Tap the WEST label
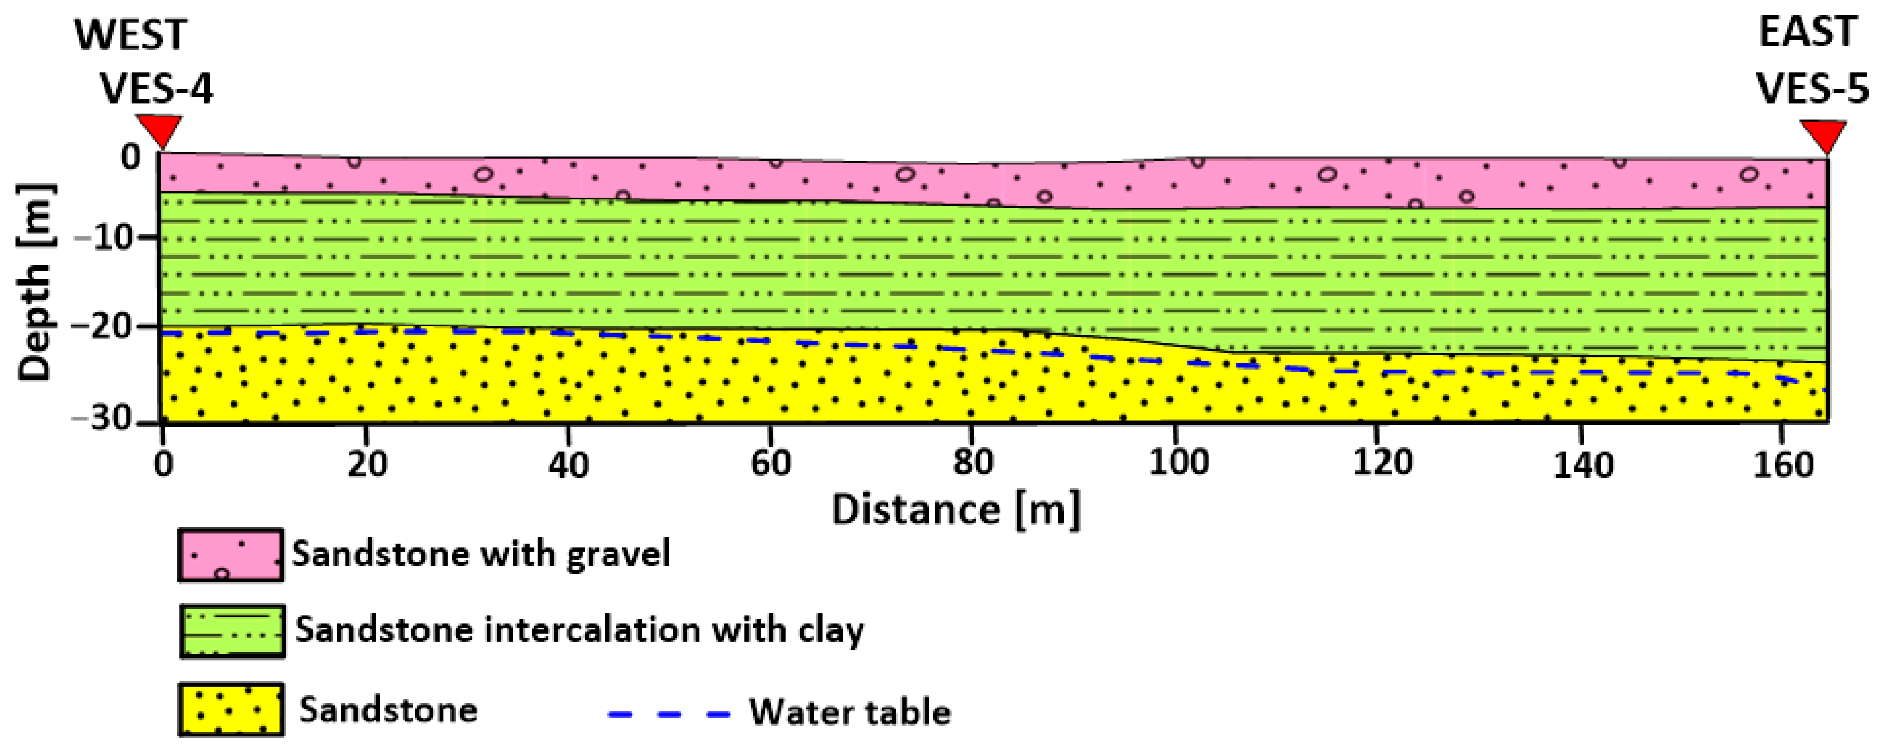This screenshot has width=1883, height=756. coord(131,35)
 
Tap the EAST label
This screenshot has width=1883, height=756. coord(1807,32)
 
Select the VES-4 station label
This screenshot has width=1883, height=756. coord(156,89)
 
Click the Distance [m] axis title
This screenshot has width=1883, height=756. coord(955,510)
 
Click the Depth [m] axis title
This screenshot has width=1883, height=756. coord(35,281)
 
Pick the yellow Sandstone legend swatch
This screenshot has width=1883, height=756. coord(231,709)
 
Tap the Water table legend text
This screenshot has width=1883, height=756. coord(849,712)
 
